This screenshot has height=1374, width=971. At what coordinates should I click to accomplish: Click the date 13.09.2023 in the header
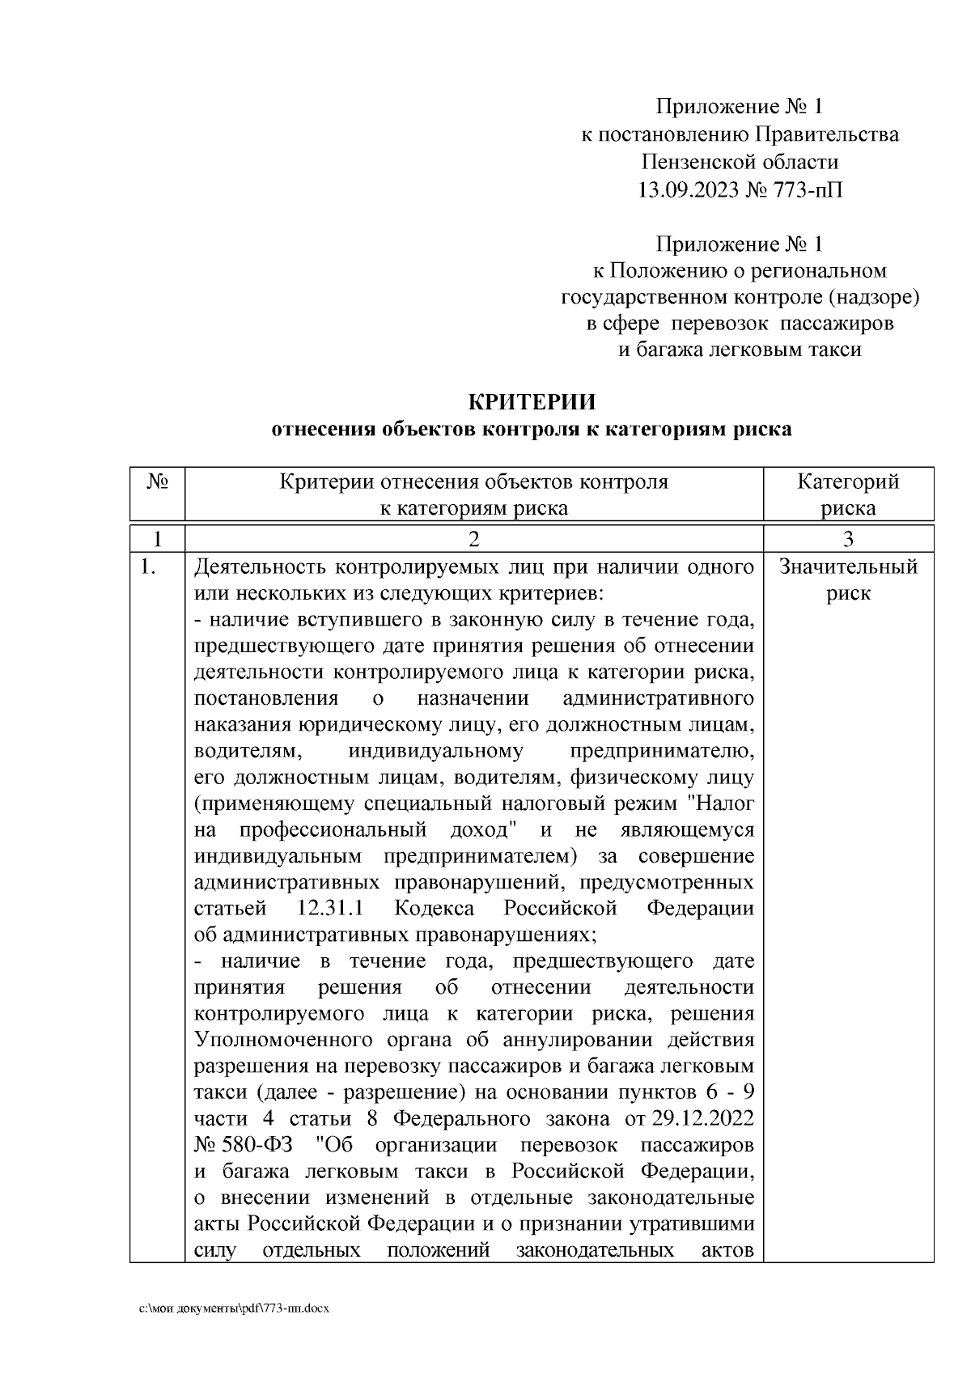(x=688, y=190)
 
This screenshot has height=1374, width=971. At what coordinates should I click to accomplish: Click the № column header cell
(x=157, y=483)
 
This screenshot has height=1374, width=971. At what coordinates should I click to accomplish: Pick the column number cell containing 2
(x=474, y=539)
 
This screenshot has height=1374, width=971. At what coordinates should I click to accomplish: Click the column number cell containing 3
(x=848, y=539)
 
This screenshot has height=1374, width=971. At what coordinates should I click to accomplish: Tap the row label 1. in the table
(x=147, y=567)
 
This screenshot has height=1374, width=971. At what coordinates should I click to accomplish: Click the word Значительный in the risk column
(x=848, y=567)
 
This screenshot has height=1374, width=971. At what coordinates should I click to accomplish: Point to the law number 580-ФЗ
(x=258, y=1146)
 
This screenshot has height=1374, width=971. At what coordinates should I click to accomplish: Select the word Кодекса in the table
(x=435, y=909)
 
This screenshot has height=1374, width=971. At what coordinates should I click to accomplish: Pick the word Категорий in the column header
(x=848, y=483)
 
